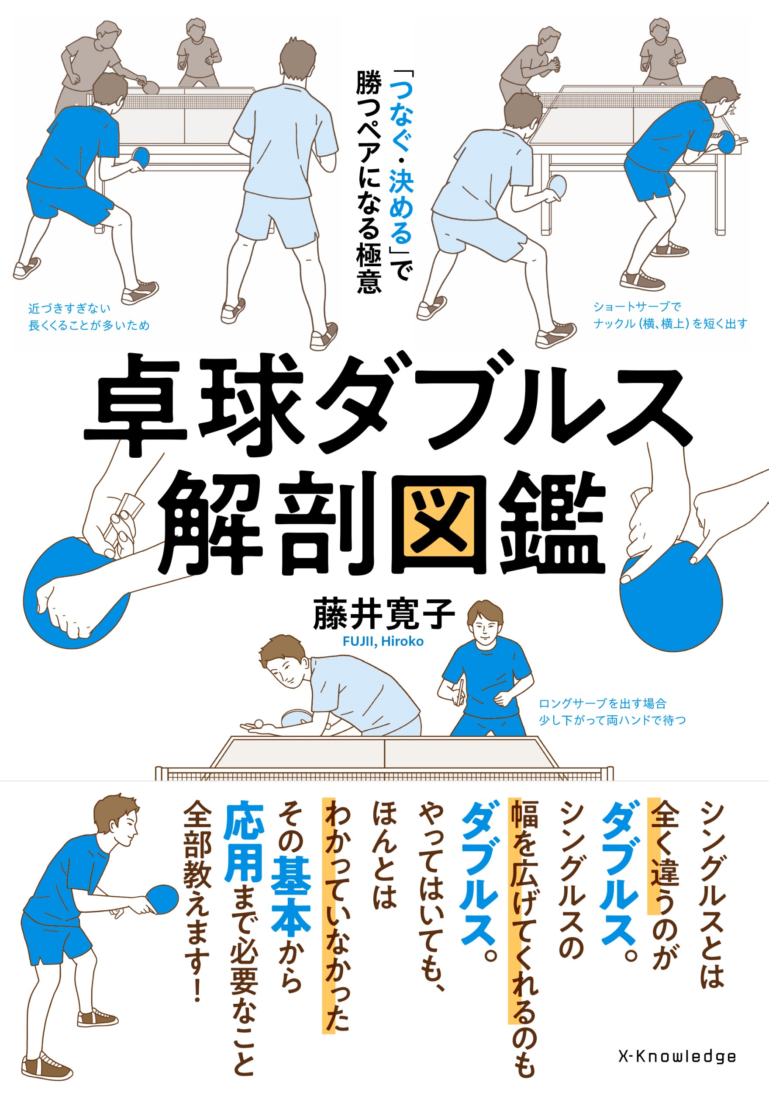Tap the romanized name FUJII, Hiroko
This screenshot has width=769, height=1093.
(383, 642)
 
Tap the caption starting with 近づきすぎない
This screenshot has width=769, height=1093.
(89, 317)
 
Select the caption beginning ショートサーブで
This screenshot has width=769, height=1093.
(669, 315)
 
